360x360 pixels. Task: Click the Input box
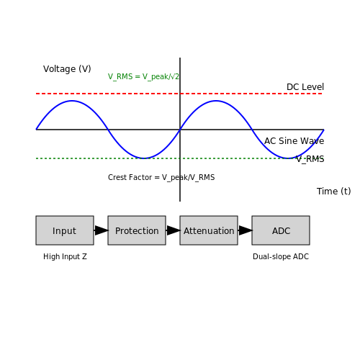[x=65, y=230]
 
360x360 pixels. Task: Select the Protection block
[x=137, y=230]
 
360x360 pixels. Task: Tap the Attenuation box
[x=209, y=230]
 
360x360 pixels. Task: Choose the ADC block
[x=281, y=230]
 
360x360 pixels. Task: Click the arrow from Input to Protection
[x=101, y=230]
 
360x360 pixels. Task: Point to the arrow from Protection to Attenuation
[x=173, y=230]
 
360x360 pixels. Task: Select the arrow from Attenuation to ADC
[x=245, y=230]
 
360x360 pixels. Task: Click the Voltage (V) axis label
[x=67, y=69]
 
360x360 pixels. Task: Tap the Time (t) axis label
[x=333, y=192]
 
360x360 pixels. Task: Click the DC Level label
[x=305, y=87]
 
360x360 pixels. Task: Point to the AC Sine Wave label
[x=294, y=141]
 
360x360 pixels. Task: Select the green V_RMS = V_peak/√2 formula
[x=143, y=76]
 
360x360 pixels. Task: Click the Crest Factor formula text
[x=161, y=177]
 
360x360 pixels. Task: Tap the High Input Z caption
[x=65, y=256]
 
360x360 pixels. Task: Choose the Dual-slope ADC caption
[x=281, y=256]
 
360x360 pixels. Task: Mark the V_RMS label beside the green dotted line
[x=310, y=159]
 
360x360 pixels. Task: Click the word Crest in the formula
[x=118, y=177]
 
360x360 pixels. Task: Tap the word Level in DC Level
[x=314, y=87]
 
